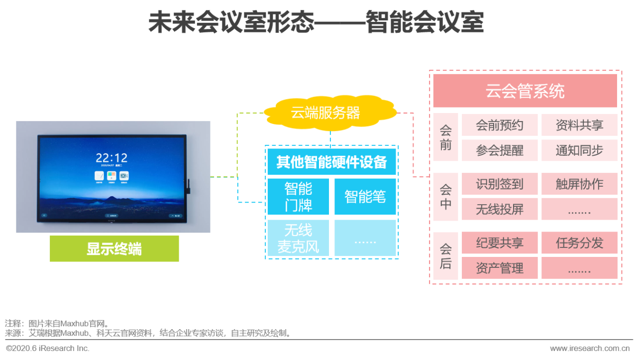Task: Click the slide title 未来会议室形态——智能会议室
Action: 316,22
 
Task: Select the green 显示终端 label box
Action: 114,248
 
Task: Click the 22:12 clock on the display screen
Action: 111,158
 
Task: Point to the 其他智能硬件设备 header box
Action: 331,162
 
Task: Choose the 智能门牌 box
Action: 298,196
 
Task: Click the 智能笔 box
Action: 365,196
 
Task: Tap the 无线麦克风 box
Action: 298,238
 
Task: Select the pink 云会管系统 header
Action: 525,91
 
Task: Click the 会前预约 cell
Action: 500,125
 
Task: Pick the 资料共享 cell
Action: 579,125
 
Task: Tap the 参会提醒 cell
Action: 500,150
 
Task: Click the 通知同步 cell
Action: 579,150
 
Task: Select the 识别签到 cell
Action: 500,184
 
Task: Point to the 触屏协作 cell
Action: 579,184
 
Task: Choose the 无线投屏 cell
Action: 500,209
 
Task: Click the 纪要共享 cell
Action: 500,242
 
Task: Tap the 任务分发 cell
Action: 579,242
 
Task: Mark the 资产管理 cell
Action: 500,268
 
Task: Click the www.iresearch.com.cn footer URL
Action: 590,348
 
